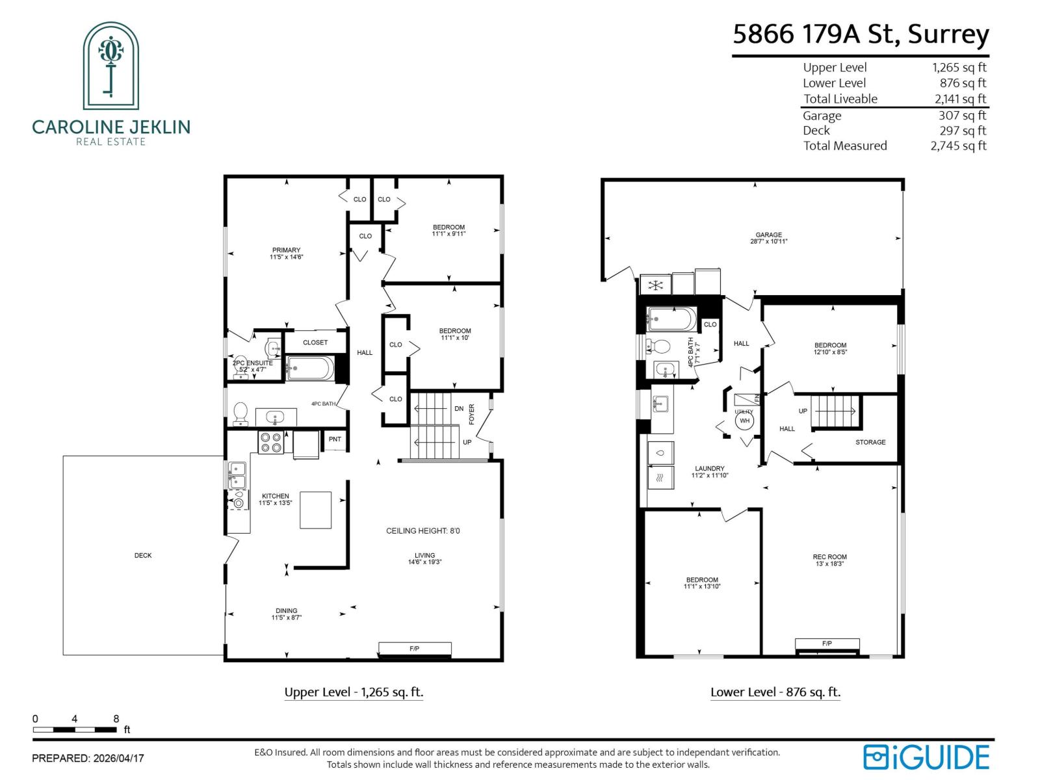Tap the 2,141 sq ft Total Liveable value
[x=960, y=99]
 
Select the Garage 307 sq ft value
[x=962, y=115]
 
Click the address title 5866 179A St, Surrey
[x=861, y=34]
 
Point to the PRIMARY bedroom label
[x=286, y=250]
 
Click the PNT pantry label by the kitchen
[x=335, y=439]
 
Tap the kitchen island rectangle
[x=315, y=510]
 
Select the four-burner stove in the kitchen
[x=271, y=443]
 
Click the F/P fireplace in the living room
[x=415, y=649]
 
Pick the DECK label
[x=143, y=555]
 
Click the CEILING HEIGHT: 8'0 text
[x=422, y=531]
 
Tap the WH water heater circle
[x=744, y=421]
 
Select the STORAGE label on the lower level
[x=870, y=442]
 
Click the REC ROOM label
[x=829, y=557]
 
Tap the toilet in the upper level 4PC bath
[x=240, y=411]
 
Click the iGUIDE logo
[x=926, y=757]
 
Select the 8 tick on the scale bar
[x=116, y=719]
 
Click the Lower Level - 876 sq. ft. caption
[x=775, y=692]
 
